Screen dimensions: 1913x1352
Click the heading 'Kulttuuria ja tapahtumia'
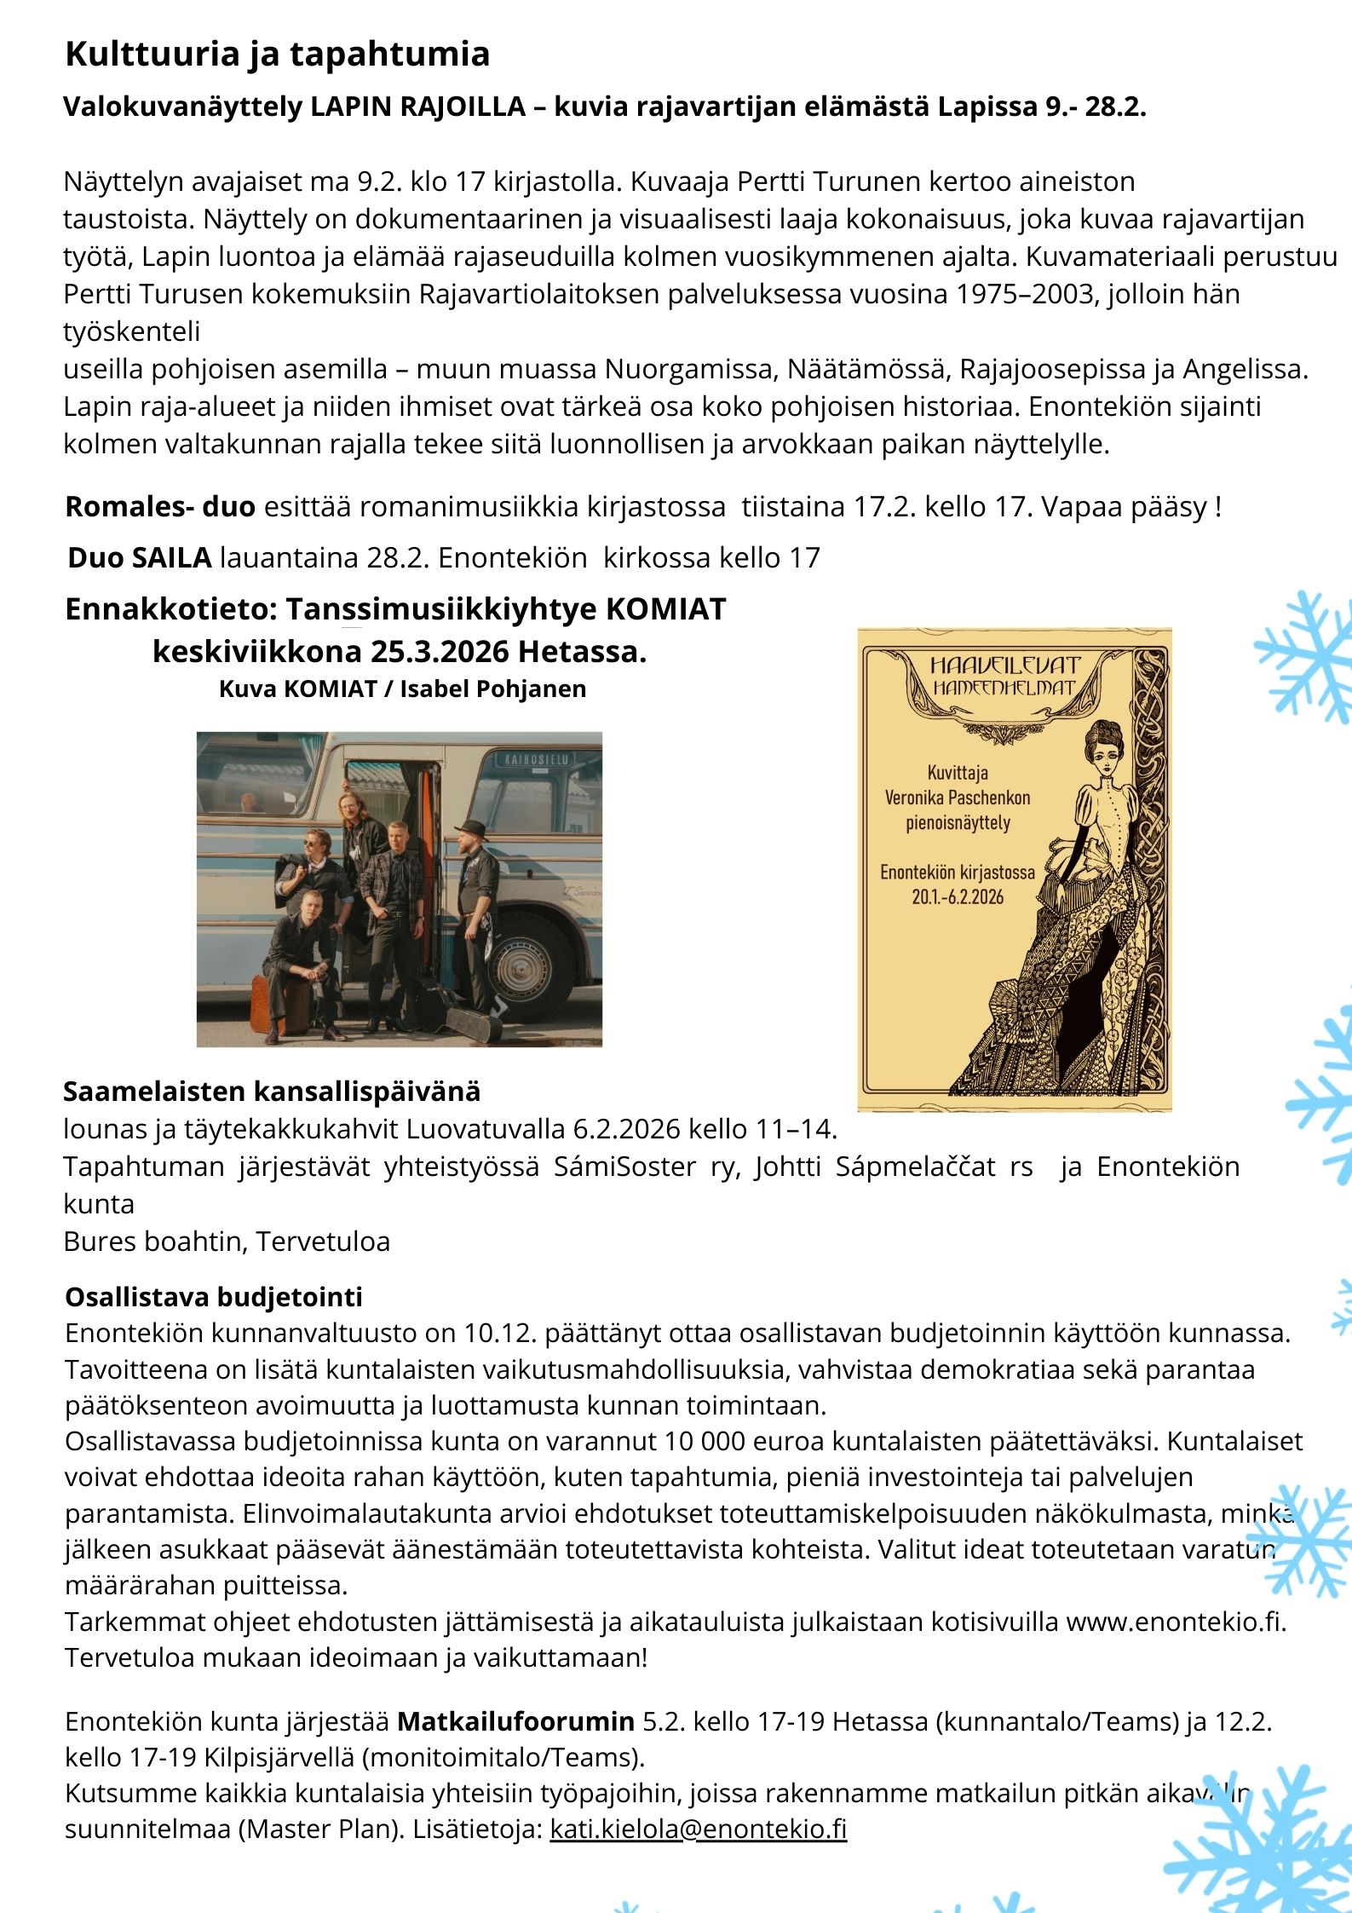pos(277,55)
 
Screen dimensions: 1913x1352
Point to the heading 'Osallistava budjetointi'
pos(213,1296)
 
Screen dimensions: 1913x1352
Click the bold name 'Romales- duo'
pos(159,507)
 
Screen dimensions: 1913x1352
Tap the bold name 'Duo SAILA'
pos(139,558)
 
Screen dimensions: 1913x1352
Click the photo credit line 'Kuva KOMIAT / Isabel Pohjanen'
pos(402,689)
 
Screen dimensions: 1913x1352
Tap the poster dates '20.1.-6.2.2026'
pos(957,896)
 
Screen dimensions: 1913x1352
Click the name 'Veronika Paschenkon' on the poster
pos(957,798)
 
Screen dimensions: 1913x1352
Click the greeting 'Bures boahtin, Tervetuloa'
pos(227,1242)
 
